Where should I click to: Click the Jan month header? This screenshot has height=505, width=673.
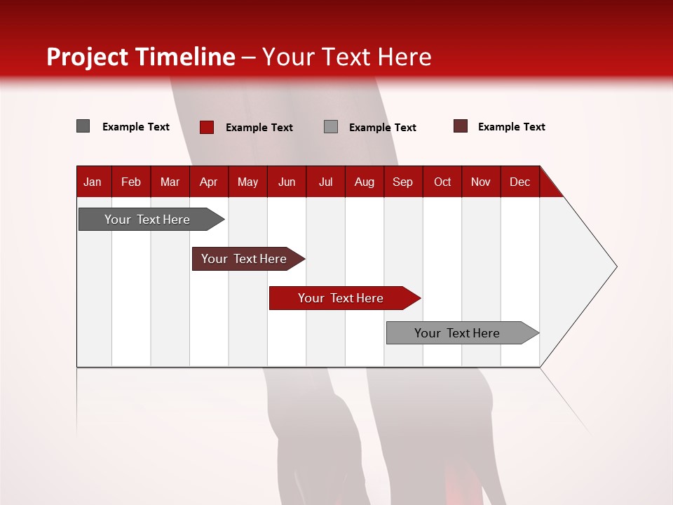(93, 182)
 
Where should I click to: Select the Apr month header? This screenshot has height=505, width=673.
(209, 182)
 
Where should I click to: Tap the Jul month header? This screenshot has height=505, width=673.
(325, 182)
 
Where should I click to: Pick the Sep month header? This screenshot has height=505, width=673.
(402, 182)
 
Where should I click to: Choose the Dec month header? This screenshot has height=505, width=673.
(519, 182)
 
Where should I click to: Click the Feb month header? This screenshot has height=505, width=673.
(131, 182)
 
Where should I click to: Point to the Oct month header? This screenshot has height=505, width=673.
(442, 182)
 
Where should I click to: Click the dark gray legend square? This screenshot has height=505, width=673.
(83, 126)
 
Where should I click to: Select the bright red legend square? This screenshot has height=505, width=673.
(207, 127)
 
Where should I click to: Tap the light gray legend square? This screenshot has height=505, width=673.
(331, 127)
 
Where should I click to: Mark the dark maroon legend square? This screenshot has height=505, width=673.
(461, 126)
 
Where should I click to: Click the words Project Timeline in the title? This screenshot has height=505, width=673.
(141, 57)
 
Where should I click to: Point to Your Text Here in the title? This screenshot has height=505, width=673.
(347, 57)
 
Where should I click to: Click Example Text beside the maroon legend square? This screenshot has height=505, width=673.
(511, 127)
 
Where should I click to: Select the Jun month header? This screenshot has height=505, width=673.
(287, 182)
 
